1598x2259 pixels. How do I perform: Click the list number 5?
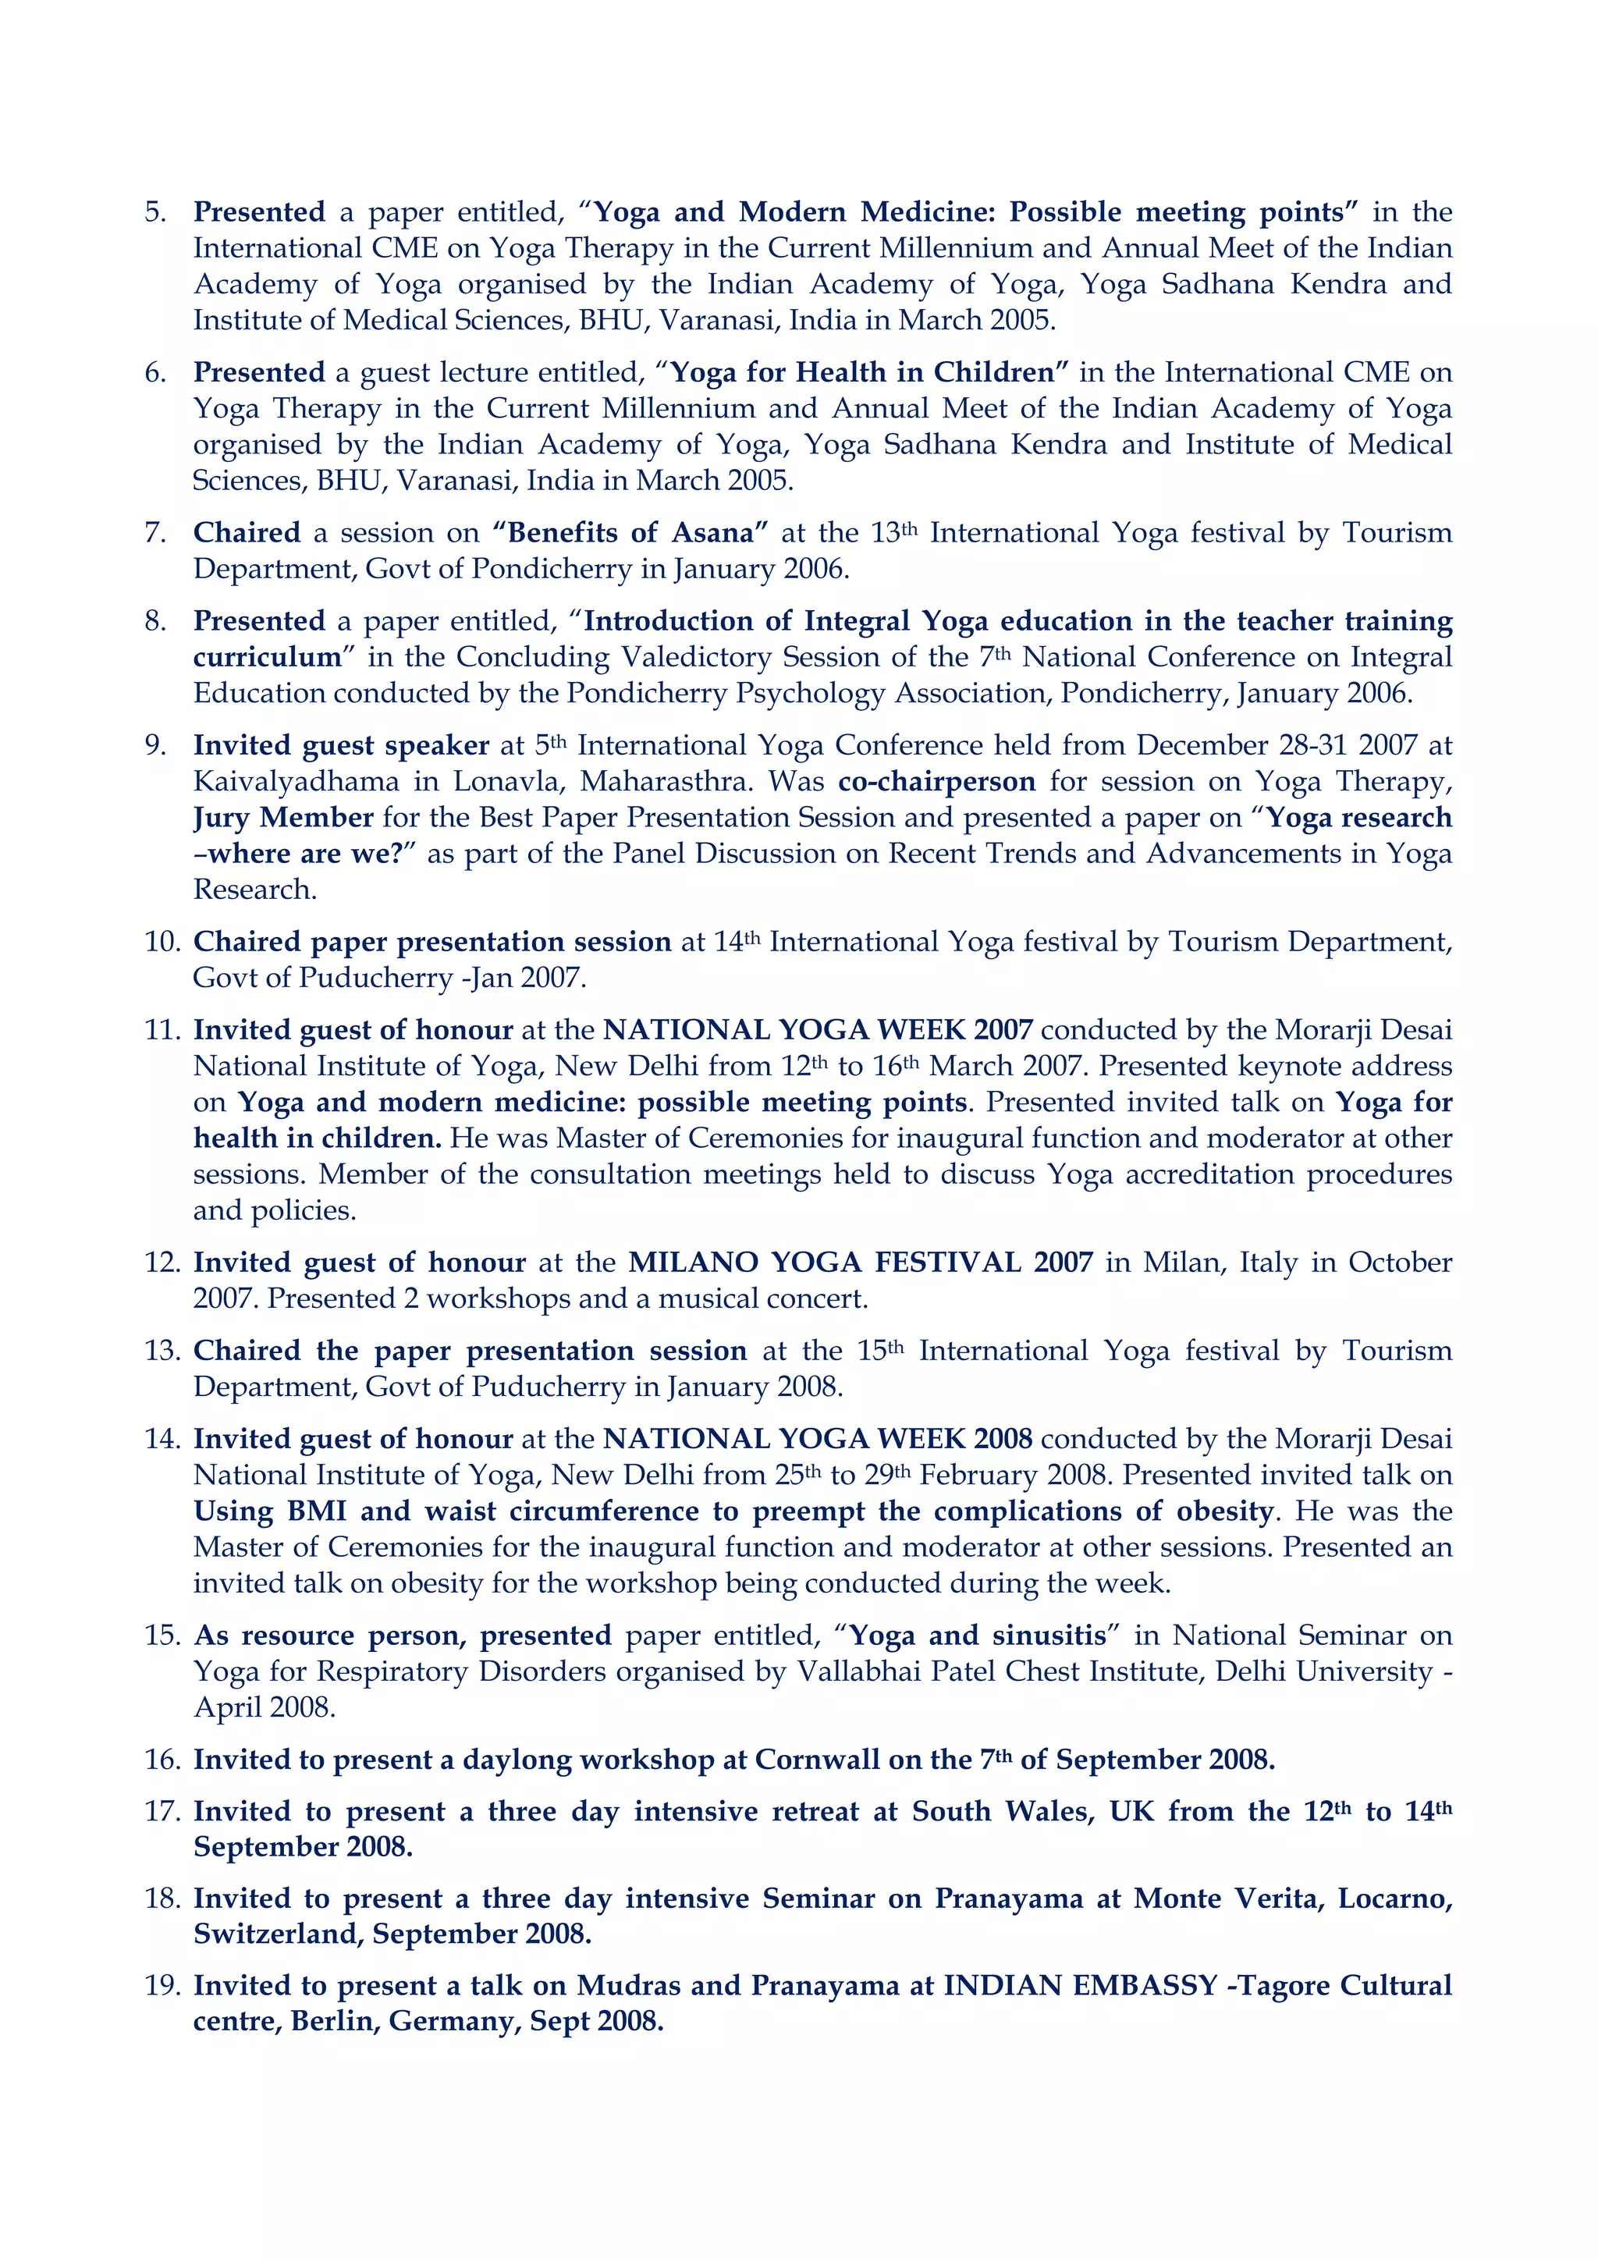[155, 212]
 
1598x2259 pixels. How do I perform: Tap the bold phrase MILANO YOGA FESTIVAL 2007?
[860, 1263]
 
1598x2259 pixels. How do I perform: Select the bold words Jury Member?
[283, 818]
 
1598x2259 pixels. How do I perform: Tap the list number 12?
[162, 1263]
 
